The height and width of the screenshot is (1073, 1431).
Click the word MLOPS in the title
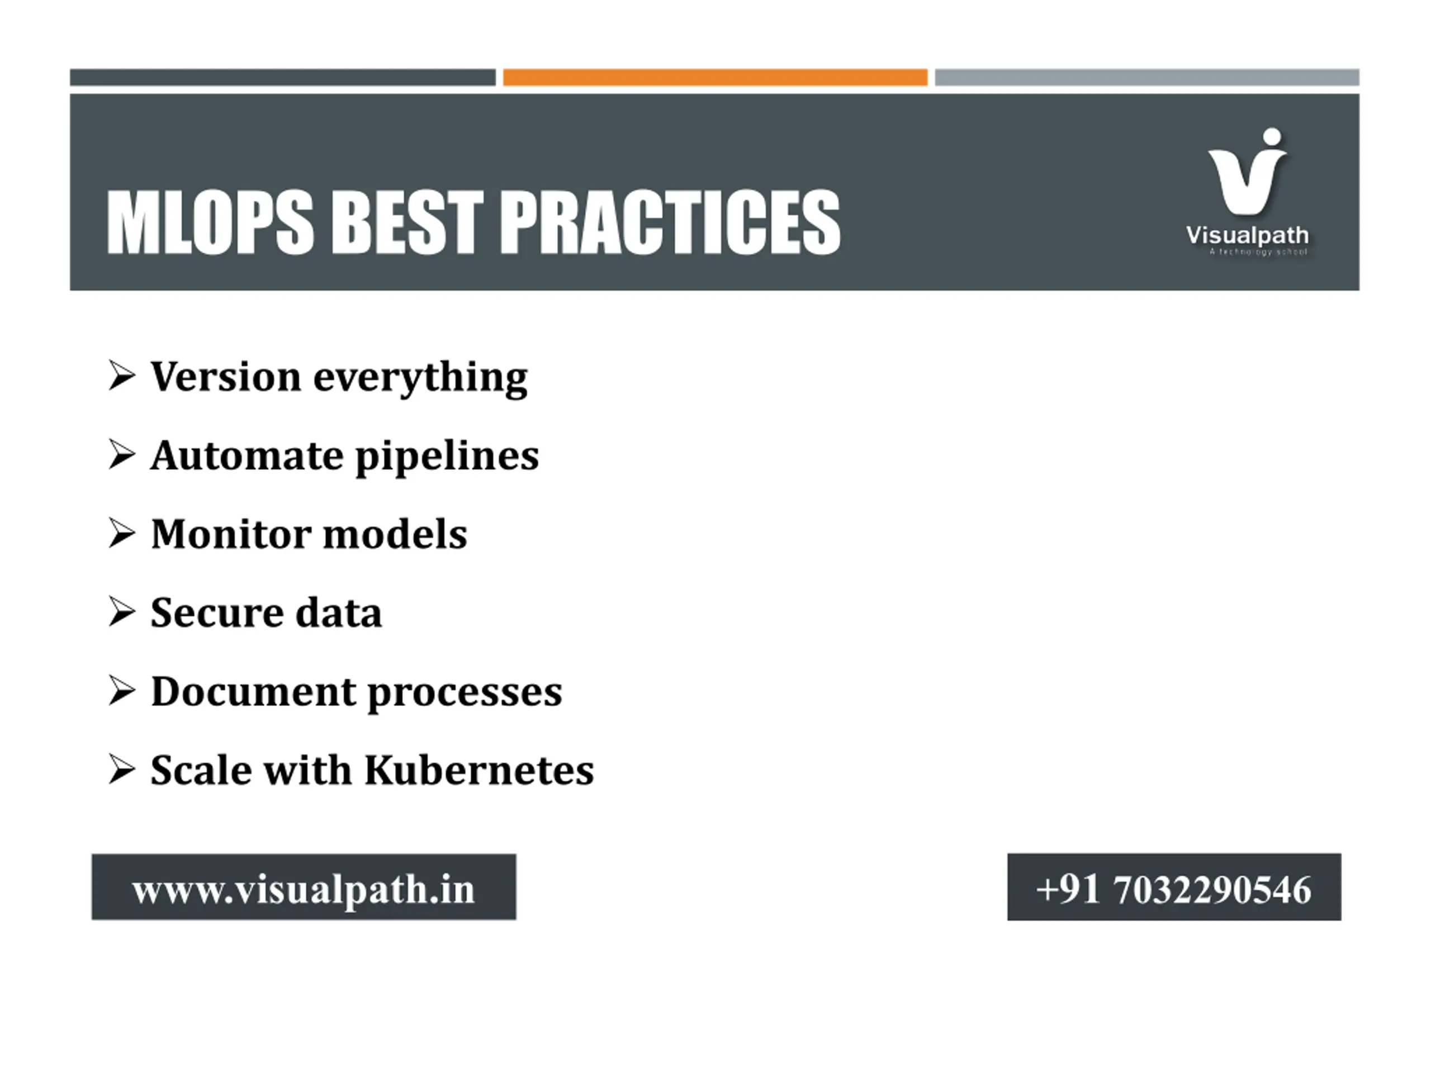210,222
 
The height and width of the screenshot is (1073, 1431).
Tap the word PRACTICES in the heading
670,222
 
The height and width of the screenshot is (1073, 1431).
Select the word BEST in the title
407,222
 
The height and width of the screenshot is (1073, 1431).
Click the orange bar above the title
715,77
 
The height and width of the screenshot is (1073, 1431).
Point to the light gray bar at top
1147,77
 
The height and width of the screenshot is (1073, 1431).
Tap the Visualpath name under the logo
1247,235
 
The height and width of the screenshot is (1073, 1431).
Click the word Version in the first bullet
226,377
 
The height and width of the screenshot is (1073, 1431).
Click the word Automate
247,455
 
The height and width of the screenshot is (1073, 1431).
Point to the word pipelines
447,457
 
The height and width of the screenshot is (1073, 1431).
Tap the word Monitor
230,534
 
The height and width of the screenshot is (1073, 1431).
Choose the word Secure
217,613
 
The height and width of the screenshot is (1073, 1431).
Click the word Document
253,691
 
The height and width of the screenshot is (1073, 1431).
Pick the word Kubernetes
478,770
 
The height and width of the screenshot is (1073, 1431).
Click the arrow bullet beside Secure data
122,612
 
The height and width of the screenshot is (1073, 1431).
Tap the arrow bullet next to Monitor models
122,533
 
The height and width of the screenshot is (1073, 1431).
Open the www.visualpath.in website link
304,889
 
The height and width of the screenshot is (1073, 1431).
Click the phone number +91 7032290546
1173,889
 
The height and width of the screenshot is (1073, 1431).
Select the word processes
465,694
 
